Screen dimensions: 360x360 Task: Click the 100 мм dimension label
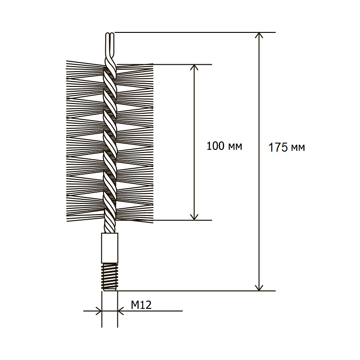tap(224, 146)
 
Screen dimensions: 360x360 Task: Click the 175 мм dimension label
tap(287, 148)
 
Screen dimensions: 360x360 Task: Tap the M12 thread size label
tap(141, 305)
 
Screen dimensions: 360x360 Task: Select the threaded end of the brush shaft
tap(110, 277)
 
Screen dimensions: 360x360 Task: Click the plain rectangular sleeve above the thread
tap(110, 248)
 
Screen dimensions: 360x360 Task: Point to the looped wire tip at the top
tap(110, 45)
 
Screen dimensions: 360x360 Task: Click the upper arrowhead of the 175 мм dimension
tap(259, 35)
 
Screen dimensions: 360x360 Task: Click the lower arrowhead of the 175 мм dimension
tap(259, 288)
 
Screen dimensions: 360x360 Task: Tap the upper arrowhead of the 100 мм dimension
tap(194, 67)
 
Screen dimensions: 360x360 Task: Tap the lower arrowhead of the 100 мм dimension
tap(194, 217)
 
